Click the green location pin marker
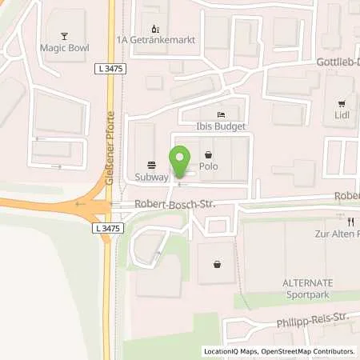click(x=180, y=160)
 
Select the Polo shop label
click(x=210, y=168)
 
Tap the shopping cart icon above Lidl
click(x=342, y=103)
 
